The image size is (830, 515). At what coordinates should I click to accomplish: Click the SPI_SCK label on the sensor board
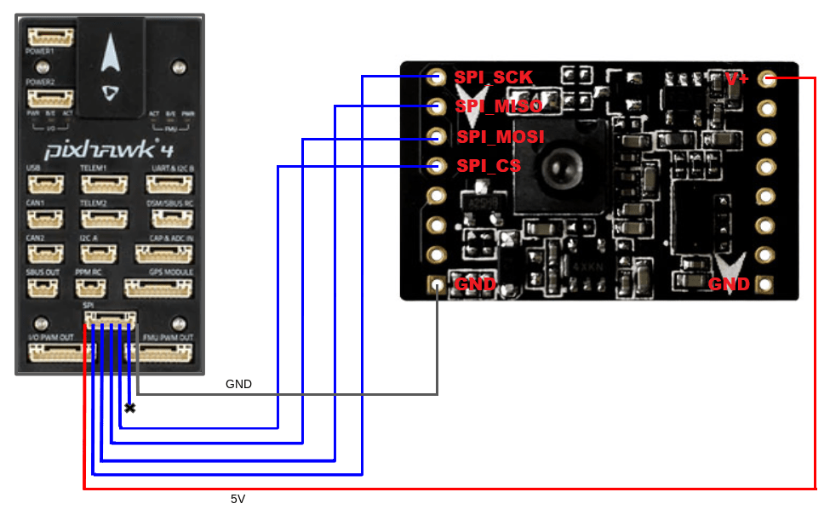pyautogui.click(x=494, y=77)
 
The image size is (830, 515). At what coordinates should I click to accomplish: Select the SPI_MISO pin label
pyautogui.click(x=499, y=106)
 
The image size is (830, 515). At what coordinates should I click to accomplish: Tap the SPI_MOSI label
pyautogui.click(x=500, y=136)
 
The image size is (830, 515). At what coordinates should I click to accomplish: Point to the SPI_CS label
pyautogui.click(x=489, y=165)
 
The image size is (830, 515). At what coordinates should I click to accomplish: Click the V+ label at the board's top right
pyautogui.click(x=737, y=79)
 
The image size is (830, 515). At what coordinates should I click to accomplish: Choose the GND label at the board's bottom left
pyautogui.click(x=476, y=283)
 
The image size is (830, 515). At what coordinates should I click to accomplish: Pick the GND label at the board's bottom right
pyautogui.click(x=729, y=283)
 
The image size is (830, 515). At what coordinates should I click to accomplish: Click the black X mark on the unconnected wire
pyautogui.click(x=129, y=408)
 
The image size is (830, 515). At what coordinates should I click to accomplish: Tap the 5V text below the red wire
pyautogui.click(x=238, y=499)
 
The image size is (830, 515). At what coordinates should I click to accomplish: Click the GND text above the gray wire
pyautogui.click(x=238, y=384)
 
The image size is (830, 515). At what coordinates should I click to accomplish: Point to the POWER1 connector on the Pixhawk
pyautogui.click(x=50, y=38)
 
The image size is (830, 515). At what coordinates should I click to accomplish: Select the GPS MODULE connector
pyautogui.click(x=158, y=288)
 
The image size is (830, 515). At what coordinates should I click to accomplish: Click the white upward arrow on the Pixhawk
pyautogui.click(x=110, y=56)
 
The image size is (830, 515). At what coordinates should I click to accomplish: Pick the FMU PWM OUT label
pyautogui.click(x=169, y=338)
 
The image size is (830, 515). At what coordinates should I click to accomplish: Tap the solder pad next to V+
pyautogui.click(x=768, y=79)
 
